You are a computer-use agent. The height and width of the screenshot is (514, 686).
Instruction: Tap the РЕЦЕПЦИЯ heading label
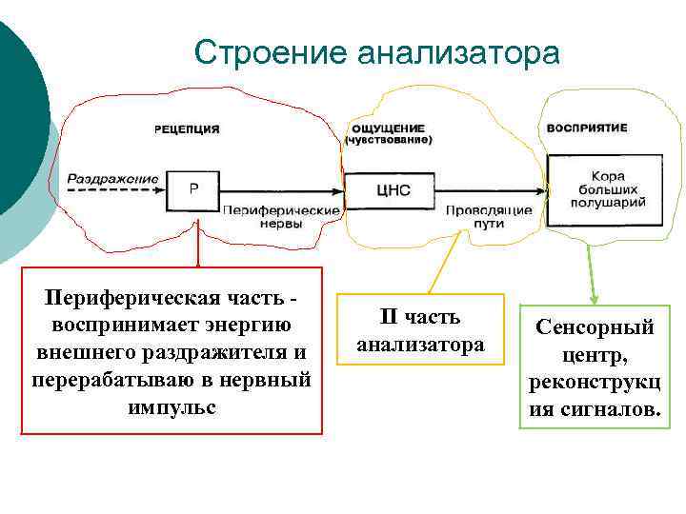coord(188,128)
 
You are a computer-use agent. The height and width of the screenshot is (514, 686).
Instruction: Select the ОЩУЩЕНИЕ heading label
coord(388,128)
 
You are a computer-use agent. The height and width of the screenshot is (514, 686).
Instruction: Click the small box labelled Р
coord(193,190)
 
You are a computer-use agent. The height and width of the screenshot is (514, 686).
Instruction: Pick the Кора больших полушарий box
coord(607,190)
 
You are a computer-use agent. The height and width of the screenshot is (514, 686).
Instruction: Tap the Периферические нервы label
coord(281,216)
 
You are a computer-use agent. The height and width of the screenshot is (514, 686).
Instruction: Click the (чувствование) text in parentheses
coord(389,140)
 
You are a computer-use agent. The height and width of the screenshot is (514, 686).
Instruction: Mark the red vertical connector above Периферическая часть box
coord(197,249)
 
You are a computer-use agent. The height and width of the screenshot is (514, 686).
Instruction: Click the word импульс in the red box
coord(171,406)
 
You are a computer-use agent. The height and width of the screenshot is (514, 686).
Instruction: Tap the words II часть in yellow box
coord(420,317)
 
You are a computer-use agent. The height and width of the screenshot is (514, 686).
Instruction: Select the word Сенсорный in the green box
coord(595,327)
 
